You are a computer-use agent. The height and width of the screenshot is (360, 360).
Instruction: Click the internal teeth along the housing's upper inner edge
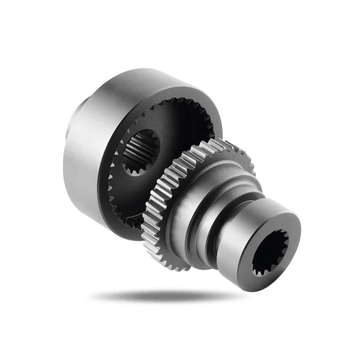pos(180,104)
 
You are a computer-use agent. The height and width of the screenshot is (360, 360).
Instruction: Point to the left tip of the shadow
pos(92,296)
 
